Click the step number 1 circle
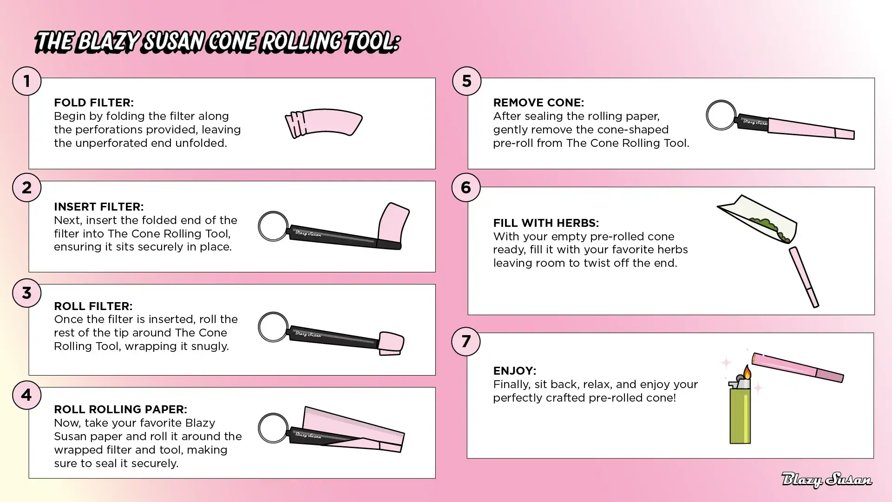click(26, 81)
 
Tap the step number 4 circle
click(26, 395)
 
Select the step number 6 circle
click(466, 187)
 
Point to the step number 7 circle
click(466, 341)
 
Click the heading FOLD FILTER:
click(93, 102)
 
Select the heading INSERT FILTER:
click(98, 206)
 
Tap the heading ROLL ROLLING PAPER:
click(120, 409)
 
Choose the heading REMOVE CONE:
click(538, 102)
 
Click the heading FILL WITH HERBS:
click(546, 223)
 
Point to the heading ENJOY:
click(514, 370)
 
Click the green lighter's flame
click(747, 372)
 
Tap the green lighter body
click(740, 416)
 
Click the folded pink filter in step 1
click(323, 123)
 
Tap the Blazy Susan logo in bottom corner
click(826, 480)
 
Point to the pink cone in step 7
click(798, 367)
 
